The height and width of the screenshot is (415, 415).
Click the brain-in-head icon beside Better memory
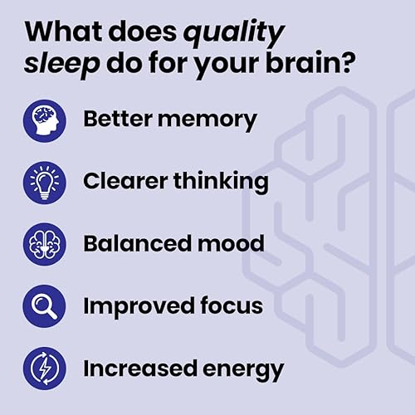coord(44,120)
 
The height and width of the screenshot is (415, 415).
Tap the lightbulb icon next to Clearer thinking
coord(44,182)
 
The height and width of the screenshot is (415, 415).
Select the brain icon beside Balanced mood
coord(44,244)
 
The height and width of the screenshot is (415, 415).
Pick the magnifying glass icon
coord(44,305)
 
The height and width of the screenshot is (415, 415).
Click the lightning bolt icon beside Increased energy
coord(44,368)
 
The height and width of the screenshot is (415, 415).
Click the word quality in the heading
coord(234,35)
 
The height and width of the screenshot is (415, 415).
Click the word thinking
coord(222,182)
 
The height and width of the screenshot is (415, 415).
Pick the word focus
coord(229,305)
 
